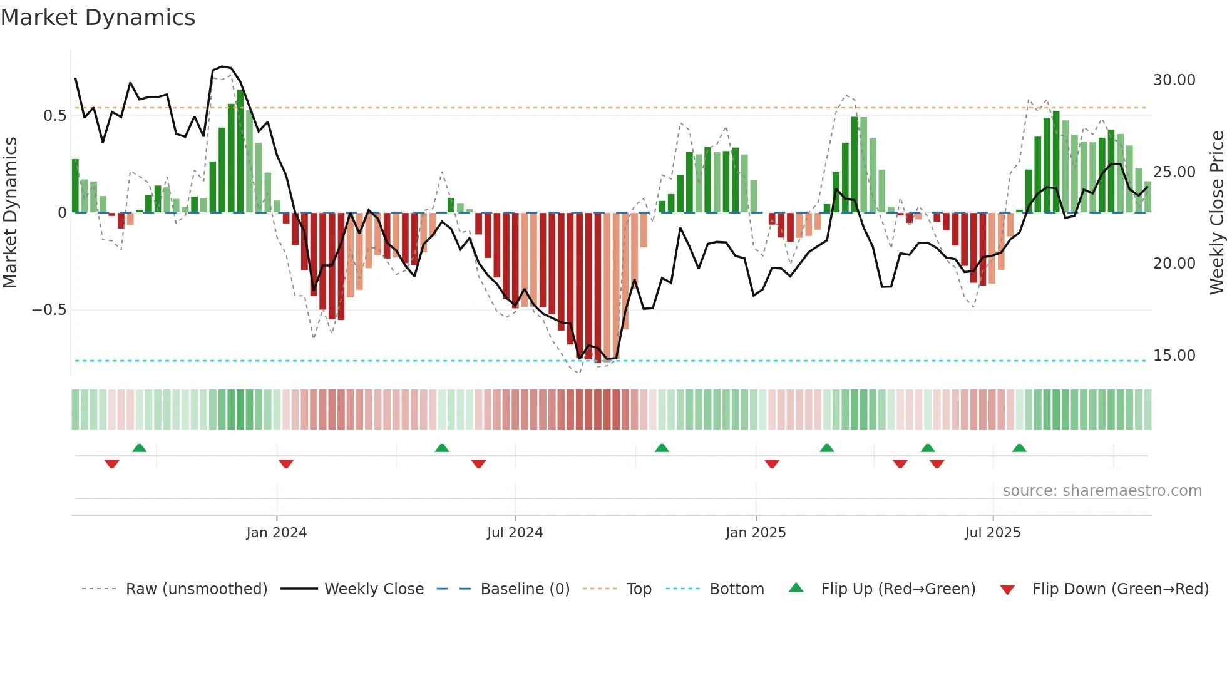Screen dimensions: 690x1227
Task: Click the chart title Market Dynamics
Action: pos(98,18)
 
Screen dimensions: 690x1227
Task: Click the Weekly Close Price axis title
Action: pos(1216,212)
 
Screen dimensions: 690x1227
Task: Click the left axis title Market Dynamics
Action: pos(10,212)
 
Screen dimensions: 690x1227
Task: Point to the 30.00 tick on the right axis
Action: pos(1174,80)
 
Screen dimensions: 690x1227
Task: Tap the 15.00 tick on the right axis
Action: pos(1174,356)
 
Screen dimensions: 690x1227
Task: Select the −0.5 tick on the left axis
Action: pos(49,310)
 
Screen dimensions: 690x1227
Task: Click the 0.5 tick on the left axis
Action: pos(54,116)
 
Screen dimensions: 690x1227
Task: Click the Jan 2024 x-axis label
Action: pos(276,533)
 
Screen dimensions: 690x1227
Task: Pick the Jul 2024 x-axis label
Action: pos(515,533)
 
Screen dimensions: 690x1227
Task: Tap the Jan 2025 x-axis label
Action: pos(756,533)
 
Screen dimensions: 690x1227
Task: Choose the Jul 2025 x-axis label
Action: pos(992,533)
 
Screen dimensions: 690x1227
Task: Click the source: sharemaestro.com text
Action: pos(1102,491)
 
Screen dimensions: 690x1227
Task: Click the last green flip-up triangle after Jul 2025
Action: pos(1019,448)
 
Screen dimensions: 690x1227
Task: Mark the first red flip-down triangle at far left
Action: pos(112,463)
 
